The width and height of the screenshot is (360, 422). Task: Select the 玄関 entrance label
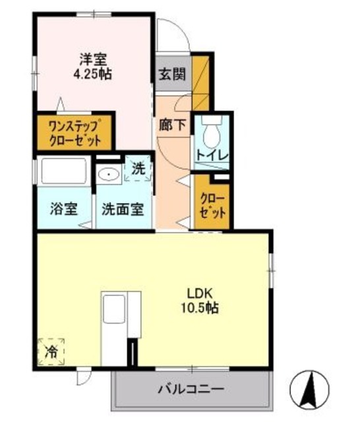click(171, 74)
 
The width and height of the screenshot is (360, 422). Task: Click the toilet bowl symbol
click(212, 135)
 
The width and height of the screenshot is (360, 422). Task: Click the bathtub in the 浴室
click(63, 173)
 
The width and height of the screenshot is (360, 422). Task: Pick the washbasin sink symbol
click(107, 175)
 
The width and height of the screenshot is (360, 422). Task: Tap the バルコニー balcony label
click(191, 389)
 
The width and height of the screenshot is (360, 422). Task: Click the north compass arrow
click(311, 389)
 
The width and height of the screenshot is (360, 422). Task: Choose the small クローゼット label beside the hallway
click(213, 206)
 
